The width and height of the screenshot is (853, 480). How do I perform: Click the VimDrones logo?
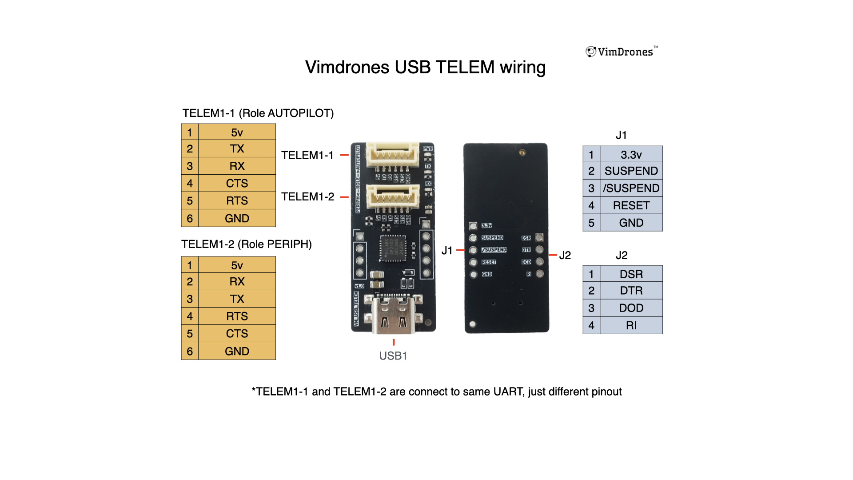(621, 52)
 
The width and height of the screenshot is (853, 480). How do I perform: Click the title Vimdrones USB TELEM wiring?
(425, 67)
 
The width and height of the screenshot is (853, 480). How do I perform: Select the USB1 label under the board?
(393, 356)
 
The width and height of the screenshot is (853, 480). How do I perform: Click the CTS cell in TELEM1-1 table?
(237, 183)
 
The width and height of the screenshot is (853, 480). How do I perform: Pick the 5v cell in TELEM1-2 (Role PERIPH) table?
(237, 265)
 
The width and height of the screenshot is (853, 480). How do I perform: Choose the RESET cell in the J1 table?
(631, 205)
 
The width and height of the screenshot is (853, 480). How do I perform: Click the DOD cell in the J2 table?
(631, 308)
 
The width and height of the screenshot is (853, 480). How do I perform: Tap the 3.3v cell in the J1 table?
(631, 155)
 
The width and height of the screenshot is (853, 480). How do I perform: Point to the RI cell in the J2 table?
(631, 325)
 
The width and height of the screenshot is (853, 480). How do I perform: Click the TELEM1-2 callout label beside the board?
(307, 196)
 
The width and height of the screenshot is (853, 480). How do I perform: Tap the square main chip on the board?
(393, 248)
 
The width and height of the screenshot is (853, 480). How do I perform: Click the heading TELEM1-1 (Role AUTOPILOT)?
(258, 113)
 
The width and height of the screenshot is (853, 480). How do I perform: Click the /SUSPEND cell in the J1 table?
(631, 188)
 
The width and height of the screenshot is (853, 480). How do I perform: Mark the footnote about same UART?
(436, 392)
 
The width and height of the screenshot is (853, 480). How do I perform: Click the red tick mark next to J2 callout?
(553, 255)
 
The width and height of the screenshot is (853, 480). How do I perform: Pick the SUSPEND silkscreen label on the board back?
(492, 238)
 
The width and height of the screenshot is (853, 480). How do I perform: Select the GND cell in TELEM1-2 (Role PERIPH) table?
(237, 351)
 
